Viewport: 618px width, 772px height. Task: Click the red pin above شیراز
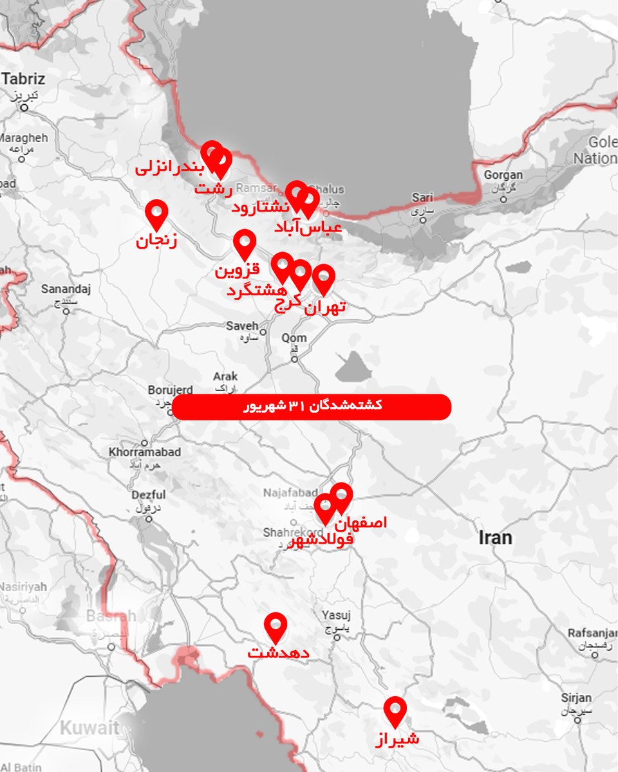click(x=395, y=710)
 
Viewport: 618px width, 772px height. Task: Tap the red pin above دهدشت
click(x=276, y=625)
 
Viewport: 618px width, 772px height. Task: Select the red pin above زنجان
click(x=156, y=213)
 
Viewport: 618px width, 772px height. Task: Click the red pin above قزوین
click(x=245, y=243)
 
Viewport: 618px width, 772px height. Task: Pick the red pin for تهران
click(x=324, y=278)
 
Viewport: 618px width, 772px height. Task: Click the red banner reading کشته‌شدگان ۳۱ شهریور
click(x=312, y=407)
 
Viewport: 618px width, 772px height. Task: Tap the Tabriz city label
click(x=24, y=80)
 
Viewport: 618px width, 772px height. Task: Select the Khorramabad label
click(x=145, y=452)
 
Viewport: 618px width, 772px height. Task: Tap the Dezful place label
click(x=148, y=495)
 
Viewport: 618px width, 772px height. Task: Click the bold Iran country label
click(x=495, y=538)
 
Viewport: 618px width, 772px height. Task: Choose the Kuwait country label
click(x=89, y=728)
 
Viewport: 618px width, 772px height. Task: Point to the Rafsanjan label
click(x=592, y=633)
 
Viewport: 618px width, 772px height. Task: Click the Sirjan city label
click(x=576, y=698)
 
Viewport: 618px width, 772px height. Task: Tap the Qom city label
click(x=294, y=338)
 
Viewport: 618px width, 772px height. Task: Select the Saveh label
click(x=242, y=326)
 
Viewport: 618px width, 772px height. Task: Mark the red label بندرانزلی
click(x=170, y=169)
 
